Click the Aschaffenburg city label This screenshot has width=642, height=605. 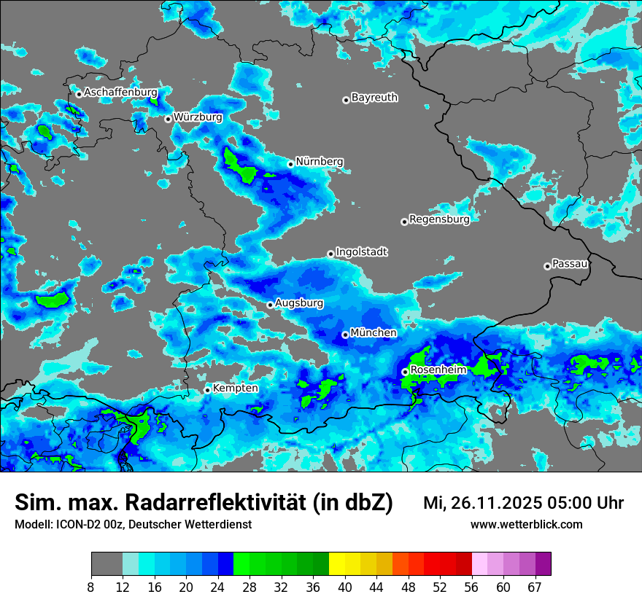[x=120, y=93]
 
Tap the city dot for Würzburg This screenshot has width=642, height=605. [x=168, y=119]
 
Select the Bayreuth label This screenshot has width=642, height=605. [x=374, y=97]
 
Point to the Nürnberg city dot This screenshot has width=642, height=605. [x=290, y=164]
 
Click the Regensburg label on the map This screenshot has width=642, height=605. [x=439, y=219]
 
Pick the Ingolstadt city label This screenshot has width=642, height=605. [x=361, y=252]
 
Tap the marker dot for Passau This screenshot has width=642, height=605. [x=547, y=266]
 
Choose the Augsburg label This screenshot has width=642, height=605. [x=299, y=302]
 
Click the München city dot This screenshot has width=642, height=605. [x=345, y=335]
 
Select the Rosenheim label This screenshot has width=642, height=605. [x=438, y=370]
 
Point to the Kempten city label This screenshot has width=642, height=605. [x=235, y=389]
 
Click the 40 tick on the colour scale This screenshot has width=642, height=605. [x=345, y=587]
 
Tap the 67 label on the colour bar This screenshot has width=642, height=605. [x=535, y=587]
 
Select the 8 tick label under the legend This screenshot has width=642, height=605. [x=91, y=587]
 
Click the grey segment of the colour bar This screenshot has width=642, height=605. [x=107, y=564]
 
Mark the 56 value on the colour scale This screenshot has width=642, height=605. [x=471, y=587]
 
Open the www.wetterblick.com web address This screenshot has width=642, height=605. [x=526, y=524]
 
